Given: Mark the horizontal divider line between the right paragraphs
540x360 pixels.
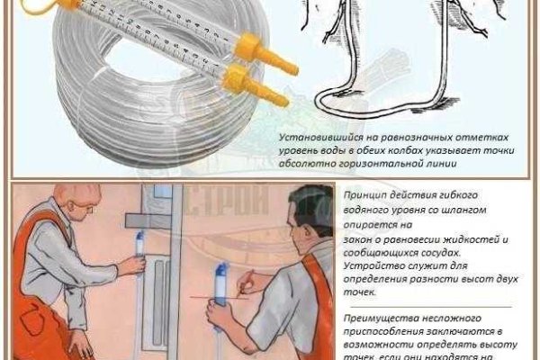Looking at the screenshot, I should (427, 306).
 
